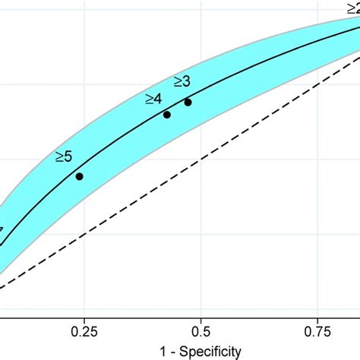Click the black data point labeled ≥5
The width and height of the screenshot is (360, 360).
click(x=79, y=176)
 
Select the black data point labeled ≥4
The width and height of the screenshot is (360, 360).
click(x=167, y=115)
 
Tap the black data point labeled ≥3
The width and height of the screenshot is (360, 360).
click(x=188, y=102)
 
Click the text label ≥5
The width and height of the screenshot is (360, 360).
click(x=64, y=157)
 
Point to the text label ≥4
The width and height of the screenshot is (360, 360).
click(x=153, y=99)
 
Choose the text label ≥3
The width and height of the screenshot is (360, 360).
click(x=182, y=81)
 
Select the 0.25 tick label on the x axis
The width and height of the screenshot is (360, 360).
click(x=84, y=332)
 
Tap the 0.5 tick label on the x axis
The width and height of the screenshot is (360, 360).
click(x=201, y=332)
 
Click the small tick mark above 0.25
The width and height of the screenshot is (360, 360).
click(x=84, y=320)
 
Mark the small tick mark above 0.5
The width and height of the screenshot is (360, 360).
click(x=201, y=320)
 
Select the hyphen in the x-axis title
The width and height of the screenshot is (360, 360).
click(x=172, y=352)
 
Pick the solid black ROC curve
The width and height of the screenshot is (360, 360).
click(x=122, y=144)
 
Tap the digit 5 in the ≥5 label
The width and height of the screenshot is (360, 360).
click(x=68, y=157)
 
